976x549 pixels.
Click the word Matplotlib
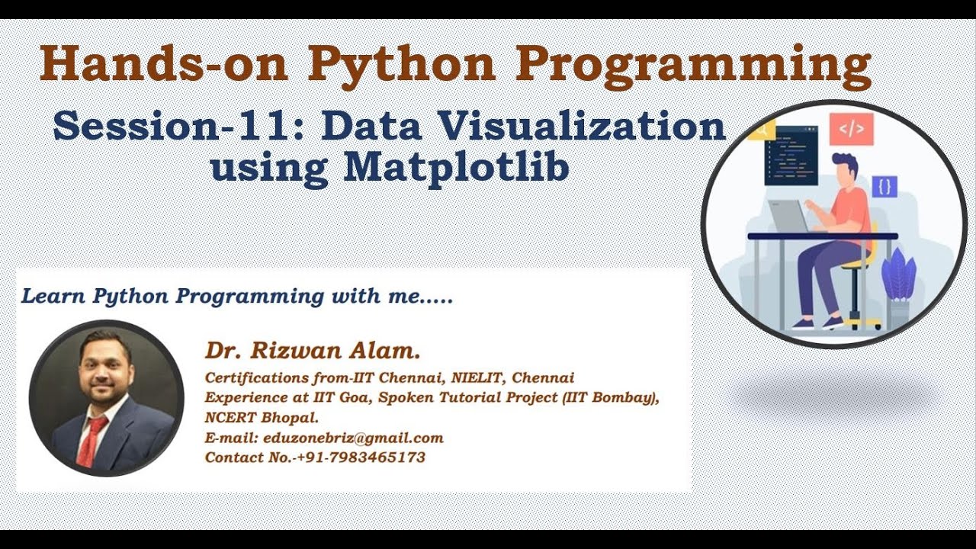click(x=456, y=167)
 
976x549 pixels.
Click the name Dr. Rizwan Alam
click(x=312, y=352)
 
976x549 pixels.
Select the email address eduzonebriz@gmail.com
click(x=353, y=438)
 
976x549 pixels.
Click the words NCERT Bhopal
click(x=262, y=418)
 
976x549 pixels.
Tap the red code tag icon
click(x=851, y=129)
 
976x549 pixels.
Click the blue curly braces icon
click(x=884, y=186)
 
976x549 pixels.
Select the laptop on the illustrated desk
click(x=789, y=216)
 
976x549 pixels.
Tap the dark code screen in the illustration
click(x=791, y=156)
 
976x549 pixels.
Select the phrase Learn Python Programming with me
click(x=236, y=297)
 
